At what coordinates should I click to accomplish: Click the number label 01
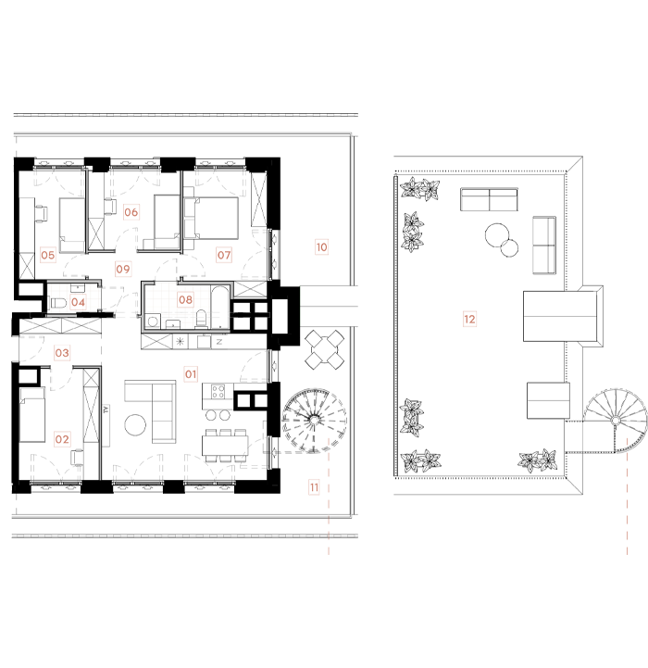click(191, 374)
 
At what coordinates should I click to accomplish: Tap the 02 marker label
click(62, 439)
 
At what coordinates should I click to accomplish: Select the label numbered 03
click(62, 353)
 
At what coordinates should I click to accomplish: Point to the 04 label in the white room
click(78, 302)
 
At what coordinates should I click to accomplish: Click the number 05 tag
click(48, 255)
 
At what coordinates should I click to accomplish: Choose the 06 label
click(131, 212)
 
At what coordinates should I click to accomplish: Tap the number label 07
click(224, 255)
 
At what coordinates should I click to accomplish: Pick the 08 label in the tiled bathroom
click(185, 299)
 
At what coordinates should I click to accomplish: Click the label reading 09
click(123, 269)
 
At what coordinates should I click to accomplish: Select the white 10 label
click(321, 247)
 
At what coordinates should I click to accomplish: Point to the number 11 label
click(314, 487)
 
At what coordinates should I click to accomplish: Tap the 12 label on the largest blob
click(469, 319)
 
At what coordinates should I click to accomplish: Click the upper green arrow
click(304, 296)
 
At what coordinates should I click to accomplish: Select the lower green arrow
click(304, 317)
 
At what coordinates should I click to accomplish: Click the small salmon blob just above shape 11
click(327, 438)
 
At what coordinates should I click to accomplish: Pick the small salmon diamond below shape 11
click(328, 526)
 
